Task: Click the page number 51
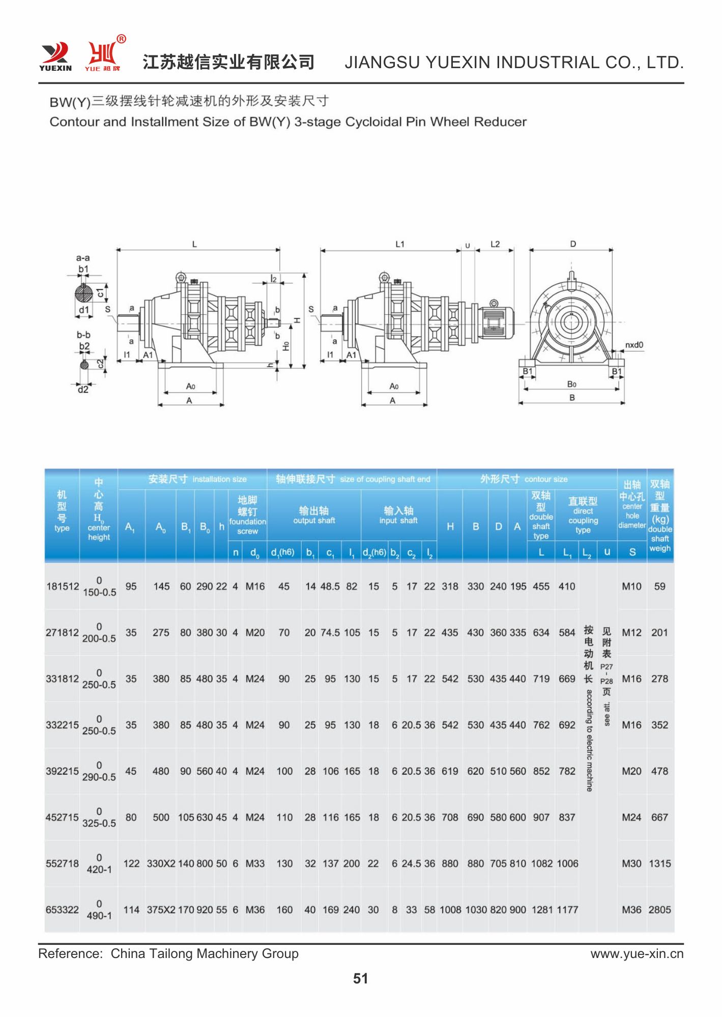[360, 978]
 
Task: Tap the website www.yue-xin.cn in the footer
[637, 953]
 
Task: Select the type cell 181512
[63, 586]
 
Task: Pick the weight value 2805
[660, 910]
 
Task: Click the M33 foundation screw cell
[255, 863]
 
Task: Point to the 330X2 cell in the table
[161, 863]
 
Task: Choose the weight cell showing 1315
[660, 863]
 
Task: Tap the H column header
[450, 527]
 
